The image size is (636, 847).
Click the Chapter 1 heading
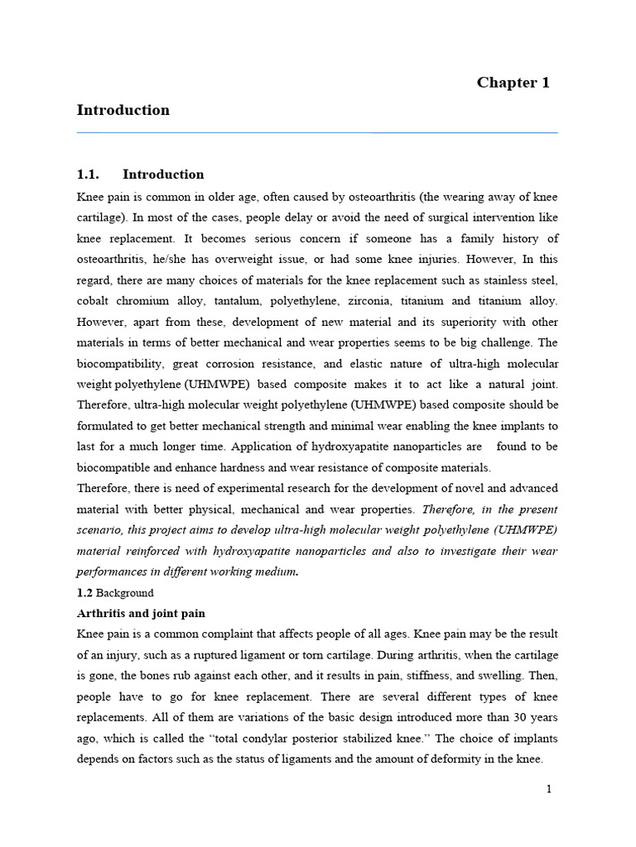tap(513, 83)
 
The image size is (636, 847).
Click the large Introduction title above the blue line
tap(123, 110)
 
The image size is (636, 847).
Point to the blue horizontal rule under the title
tap(317, 132)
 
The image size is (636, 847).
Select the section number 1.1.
tap(88, 175)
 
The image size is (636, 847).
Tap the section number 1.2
tap(84, 593)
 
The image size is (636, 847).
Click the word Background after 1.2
tap(125, 593)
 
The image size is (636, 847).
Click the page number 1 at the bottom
tap(548, 789)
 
